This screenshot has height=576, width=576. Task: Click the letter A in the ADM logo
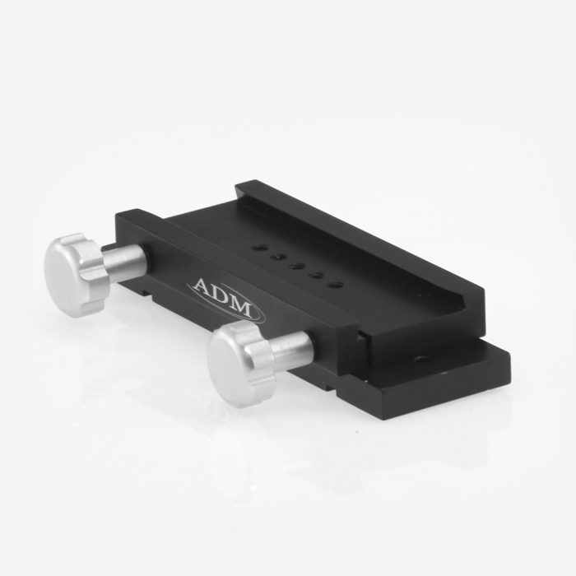(202, 286)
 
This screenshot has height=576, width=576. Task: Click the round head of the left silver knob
(67, 275)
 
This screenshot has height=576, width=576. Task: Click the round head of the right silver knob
(231, 365)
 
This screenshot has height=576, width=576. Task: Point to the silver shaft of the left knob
(125, 261)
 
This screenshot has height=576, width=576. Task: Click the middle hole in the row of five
(296, 265)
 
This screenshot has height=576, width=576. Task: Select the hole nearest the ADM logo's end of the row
(336, 285)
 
